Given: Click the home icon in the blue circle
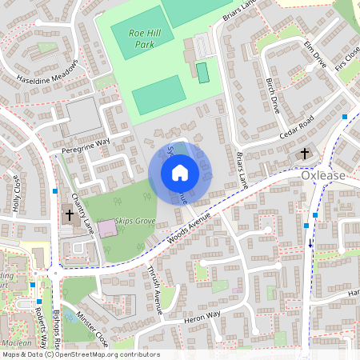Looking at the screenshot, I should click(x=180, y=171).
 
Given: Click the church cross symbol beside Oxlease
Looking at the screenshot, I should click(x=304, y=154).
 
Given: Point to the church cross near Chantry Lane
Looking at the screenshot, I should click(x=69, y=215).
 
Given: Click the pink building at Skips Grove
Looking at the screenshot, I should click(x=106, y=228).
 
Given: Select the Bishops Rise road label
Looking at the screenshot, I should click(x=56, y=329).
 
